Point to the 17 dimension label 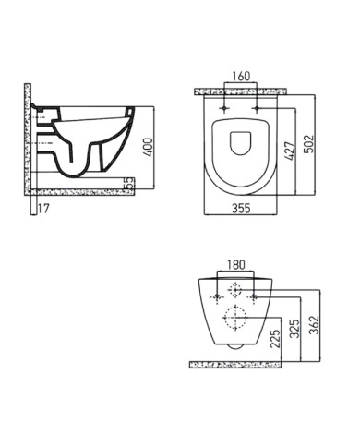point(42,208)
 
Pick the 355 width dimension point(241,207)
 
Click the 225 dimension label point(273,341)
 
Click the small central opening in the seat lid point(241,143)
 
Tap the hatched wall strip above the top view point(241,91)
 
